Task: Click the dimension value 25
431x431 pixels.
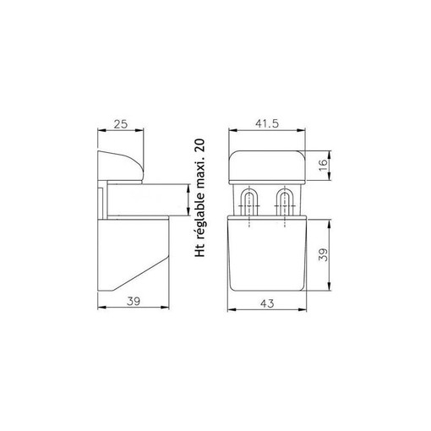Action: (x=120, y=123)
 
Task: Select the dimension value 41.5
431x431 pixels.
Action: (x=268, y=123)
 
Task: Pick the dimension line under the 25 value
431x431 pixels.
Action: (x=120, y=133)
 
